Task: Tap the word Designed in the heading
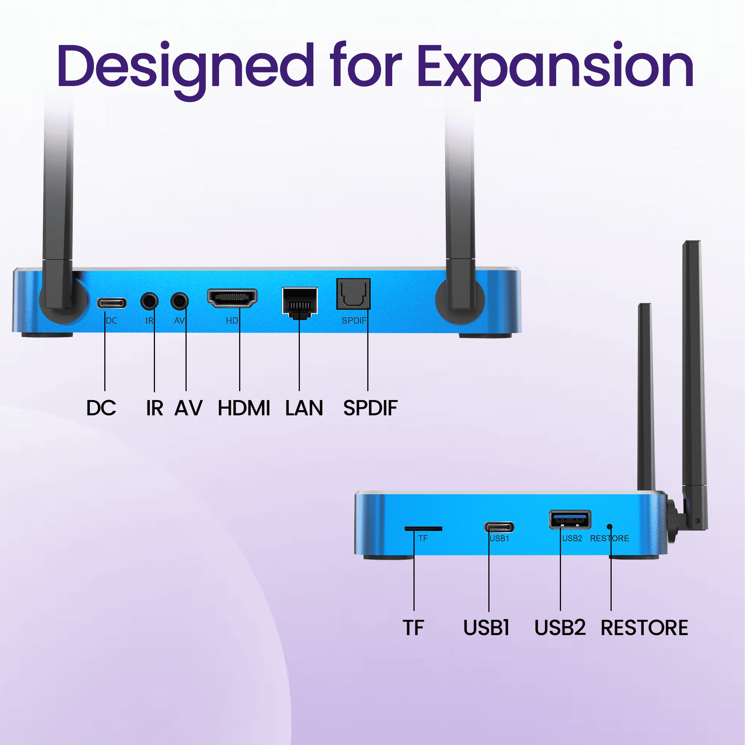186,69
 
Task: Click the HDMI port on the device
232,298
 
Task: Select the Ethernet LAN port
299,303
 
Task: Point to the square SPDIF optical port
353,294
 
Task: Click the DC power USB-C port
111,303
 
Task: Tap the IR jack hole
149,301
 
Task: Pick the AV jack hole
179,301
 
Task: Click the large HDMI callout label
244,408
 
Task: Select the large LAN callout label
304,408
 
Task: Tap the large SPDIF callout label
370,408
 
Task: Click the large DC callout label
101,408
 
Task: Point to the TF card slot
423,528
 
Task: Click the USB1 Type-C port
499,527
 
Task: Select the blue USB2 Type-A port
570,520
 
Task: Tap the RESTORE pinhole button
610,526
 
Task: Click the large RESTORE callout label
644,628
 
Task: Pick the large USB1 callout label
486,628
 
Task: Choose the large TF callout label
413,628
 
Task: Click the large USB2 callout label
560,628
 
